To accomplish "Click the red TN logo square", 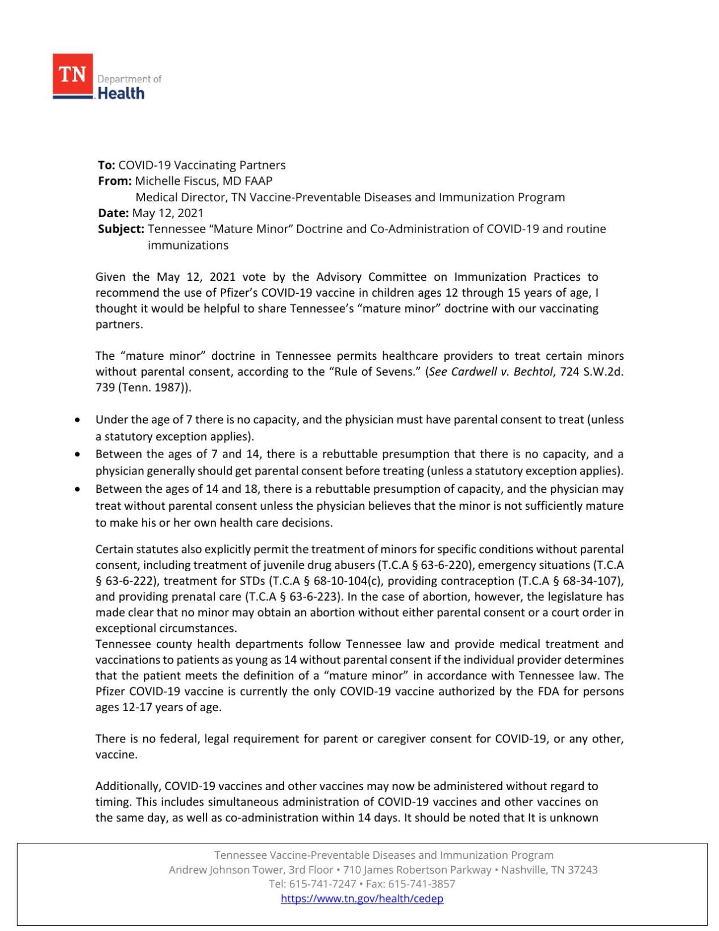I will pos(73,74).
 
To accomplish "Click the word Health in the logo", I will pos(121,94).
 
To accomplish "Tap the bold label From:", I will pos(115,181).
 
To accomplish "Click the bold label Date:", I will pos(113,213).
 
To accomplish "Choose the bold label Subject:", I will pos(121,229).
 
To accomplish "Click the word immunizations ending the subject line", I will pos(188,246).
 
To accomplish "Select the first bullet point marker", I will pos(77,420).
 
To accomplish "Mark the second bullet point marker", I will pos(77,455).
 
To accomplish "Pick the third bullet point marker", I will pos(77,489).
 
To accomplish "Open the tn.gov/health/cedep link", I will pos(362,899).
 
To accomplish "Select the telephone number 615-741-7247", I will pos(323,884).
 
